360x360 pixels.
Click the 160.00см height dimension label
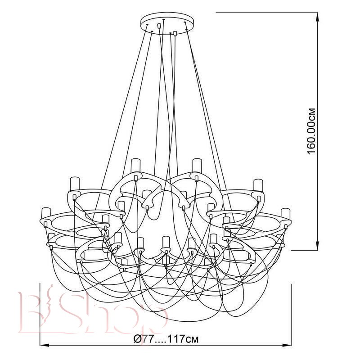[311, 131]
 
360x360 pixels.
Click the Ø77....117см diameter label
[166, 339]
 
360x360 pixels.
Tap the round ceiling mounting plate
[167, 24]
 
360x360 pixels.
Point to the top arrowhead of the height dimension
[318, 17]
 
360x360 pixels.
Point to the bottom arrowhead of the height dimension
[318, 246]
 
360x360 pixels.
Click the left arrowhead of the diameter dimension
[45, 345]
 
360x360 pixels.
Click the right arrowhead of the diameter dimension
[287, 345]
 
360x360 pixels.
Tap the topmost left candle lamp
[135, 166]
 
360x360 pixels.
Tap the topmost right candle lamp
[197, 166]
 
